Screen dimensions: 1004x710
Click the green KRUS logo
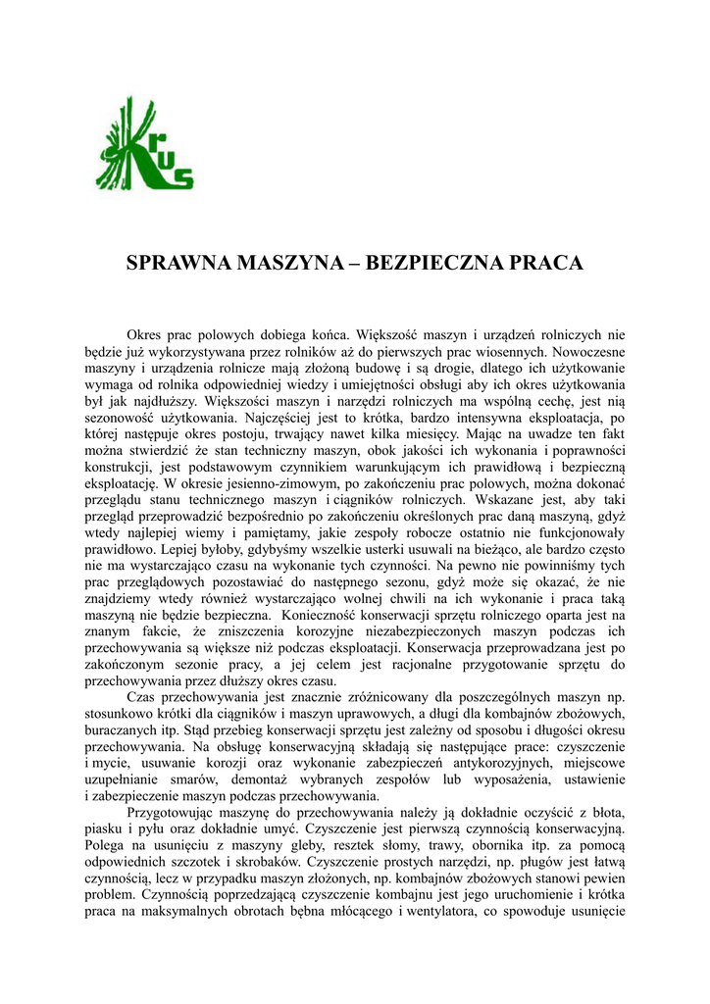coord(144,143)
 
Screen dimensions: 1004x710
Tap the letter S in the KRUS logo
coord(182,177)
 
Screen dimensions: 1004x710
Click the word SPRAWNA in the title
coord(178,264)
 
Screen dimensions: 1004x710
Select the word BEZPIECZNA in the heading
coord(441,264)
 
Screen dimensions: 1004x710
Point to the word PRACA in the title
coord(544,264)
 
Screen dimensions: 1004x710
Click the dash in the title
coord(358,264)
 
